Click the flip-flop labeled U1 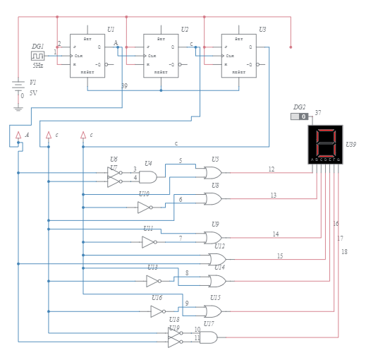click(x=87, y=56)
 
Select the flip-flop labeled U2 click(x=161, y=56)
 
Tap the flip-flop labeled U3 click(x=238, y=56)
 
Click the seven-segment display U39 click(x=325, y=144)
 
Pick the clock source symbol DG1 click(x=37, y=55)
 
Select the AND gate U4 click(x=148, y=177)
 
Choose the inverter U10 click(x=144, y=208)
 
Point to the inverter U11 click(x=148, y=242)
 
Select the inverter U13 click(x=152, y=281)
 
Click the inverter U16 click(x=157, y=311)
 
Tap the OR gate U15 click(x=213, y=311)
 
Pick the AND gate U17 click(x=209, y=337)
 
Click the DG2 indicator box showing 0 click(x=299, y=116)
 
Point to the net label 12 click(x=272, y=169)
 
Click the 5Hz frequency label click(x=37, y=66)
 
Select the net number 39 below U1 click(x=124, y=86)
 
